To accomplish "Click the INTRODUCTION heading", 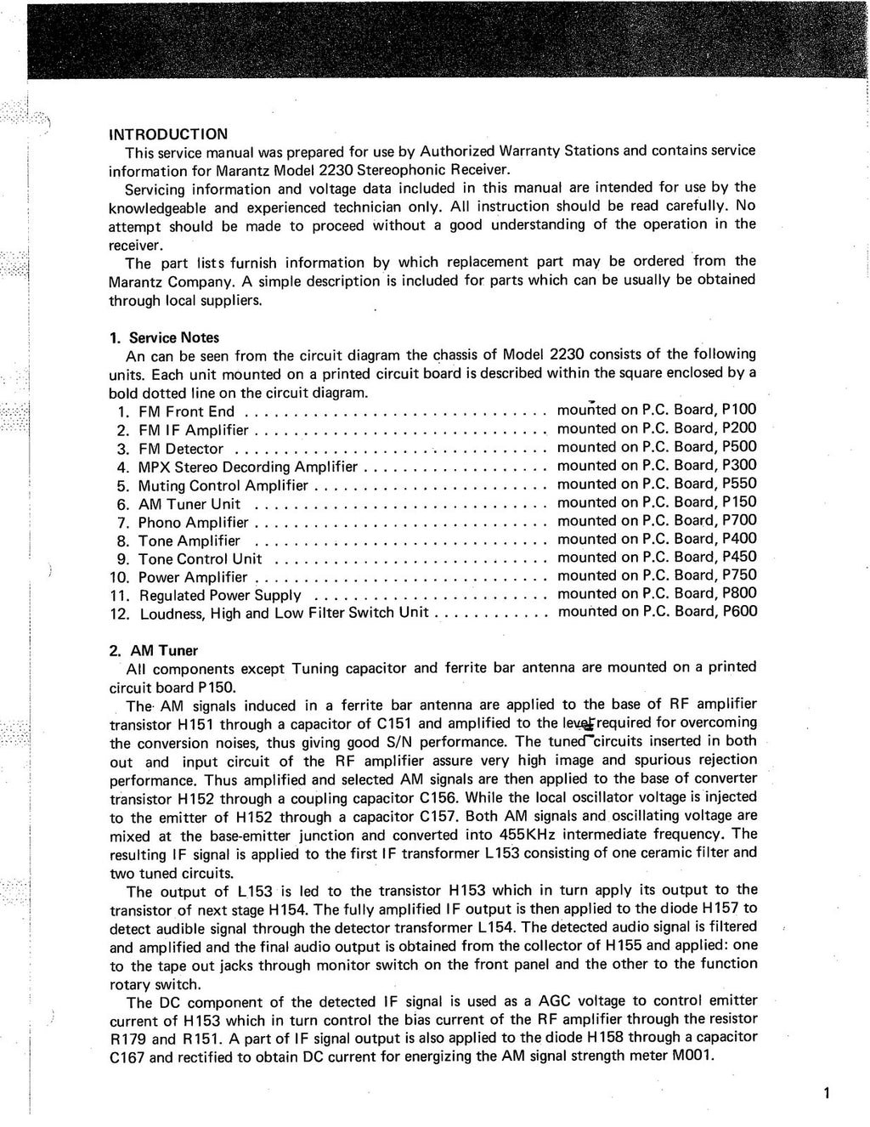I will (x=168, y=134).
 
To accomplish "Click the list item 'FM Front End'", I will (x=187, y=412).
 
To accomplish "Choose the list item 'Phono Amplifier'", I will (x=194, y=523).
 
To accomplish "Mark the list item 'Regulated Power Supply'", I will (x=220, y=596).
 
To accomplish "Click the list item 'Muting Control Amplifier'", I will (x=223, y=486).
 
